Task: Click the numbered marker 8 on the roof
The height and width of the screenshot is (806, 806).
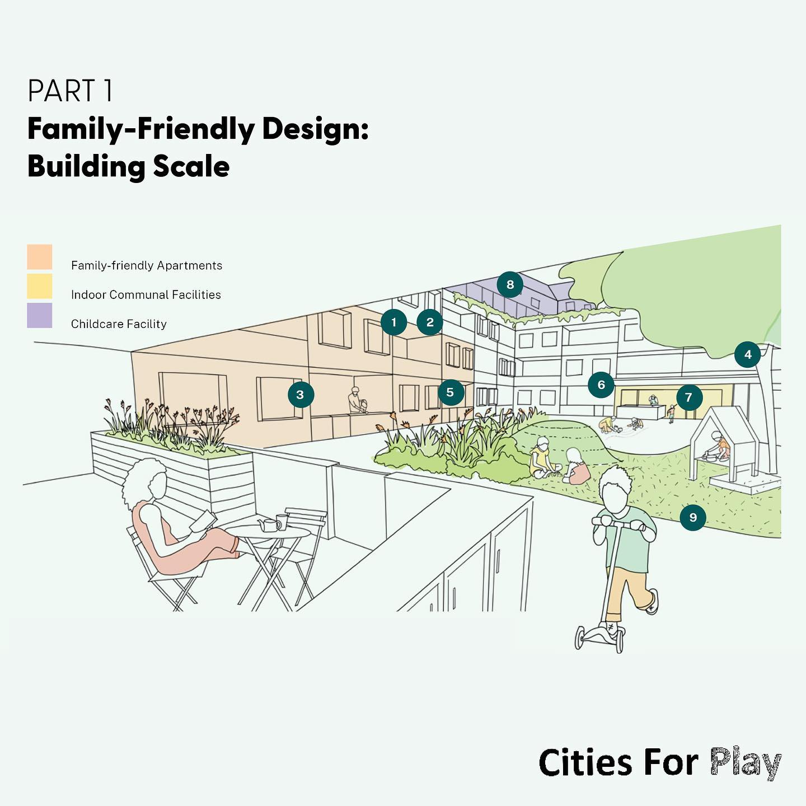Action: [x=510, y=285]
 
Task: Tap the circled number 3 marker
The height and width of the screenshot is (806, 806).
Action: [x=301, y=395]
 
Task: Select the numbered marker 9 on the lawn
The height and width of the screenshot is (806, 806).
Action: [x=693, y=517]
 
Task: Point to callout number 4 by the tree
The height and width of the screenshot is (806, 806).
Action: [x=748, y=354]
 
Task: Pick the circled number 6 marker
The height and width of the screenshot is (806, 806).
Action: [x=601, y=385]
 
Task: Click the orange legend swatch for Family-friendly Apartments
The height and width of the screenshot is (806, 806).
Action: [x=40, y=257]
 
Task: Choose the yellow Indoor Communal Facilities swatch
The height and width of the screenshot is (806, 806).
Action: [x=40, y=286]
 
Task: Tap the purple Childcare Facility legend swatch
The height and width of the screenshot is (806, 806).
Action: [x=40, y=315]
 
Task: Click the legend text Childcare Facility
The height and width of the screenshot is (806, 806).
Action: [x=119, y=324]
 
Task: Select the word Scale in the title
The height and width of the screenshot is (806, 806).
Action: [x=192, y=167]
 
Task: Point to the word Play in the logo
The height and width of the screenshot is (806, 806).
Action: [x=746, y=763]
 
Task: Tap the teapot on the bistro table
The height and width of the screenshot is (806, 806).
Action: [x=269, y=525]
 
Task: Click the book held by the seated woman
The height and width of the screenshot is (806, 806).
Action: [x=202, y=522]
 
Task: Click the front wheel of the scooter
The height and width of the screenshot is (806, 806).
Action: [x=582, y=636]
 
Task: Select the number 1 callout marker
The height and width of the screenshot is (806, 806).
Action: [x=394, y=322]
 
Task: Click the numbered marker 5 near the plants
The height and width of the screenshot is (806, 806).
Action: [x=451, y=392]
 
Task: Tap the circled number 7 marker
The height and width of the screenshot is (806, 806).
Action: [x=688, y=397]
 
